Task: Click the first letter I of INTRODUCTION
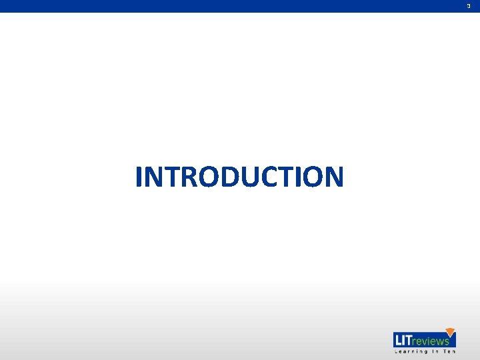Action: [139, 177]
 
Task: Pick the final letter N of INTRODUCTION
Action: [334, 177]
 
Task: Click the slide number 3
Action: [469, 6]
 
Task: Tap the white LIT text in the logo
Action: [403, 340]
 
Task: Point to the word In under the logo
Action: [434, 351]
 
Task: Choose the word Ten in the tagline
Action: [449, 351]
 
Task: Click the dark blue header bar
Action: [240, 6]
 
